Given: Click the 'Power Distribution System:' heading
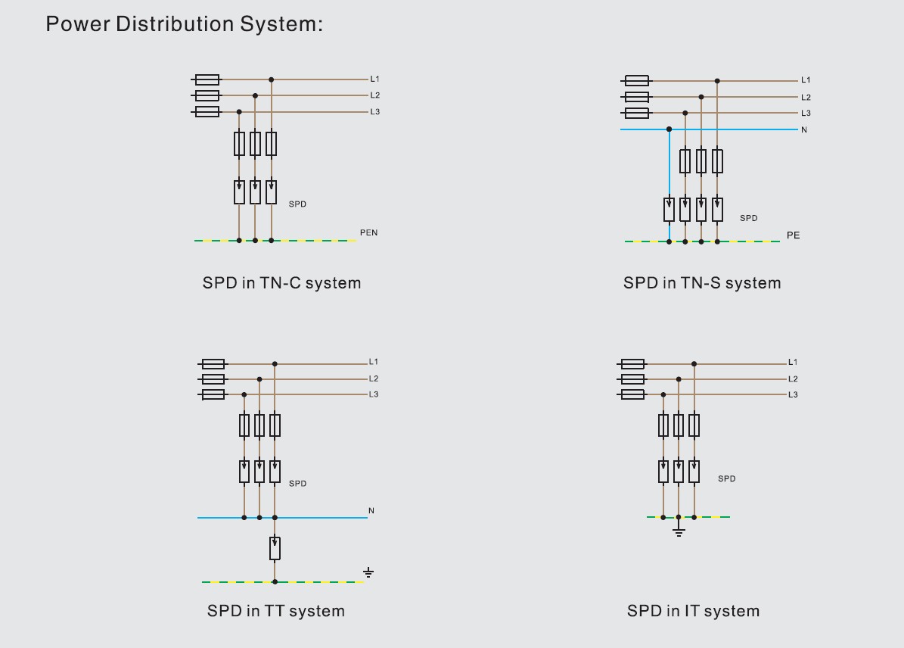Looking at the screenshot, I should coord(184,24).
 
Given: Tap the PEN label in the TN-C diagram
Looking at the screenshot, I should coord(368,232).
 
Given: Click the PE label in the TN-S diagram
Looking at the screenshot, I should coord(793,235).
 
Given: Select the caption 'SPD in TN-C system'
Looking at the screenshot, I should coord(281,283).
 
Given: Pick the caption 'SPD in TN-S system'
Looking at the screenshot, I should coord(701,283).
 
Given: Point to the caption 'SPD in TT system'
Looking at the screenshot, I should coord(275,611).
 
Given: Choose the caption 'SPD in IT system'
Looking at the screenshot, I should coord(693,611).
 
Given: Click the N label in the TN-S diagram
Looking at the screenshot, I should coord(804,130).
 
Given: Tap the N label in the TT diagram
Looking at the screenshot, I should coord(371,511).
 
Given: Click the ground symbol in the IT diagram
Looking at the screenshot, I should coord(679,531).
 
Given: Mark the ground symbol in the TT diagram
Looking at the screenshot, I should coord(368,572).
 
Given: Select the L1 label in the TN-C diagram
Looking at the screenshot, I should coord(375,79).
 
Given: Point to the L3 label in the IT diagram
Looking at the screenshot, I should coord(793,394).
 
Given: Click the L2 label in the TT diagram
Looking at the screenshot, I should coord(374,379).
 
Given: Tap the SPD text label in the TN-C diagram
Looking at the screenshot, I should coord(297,204).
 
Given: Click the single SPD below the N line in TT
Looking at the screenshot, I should coord(275,548).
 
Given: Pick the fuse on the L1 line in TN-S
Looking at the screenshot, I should coord(637,80).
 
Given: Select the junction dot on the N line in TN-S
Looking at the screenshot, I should coord(669,129).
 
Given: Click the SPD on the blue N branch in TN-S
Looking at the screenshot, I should coord(669,210).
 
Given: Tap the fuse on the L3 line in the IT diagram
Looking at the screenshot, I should coord(632,394).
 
